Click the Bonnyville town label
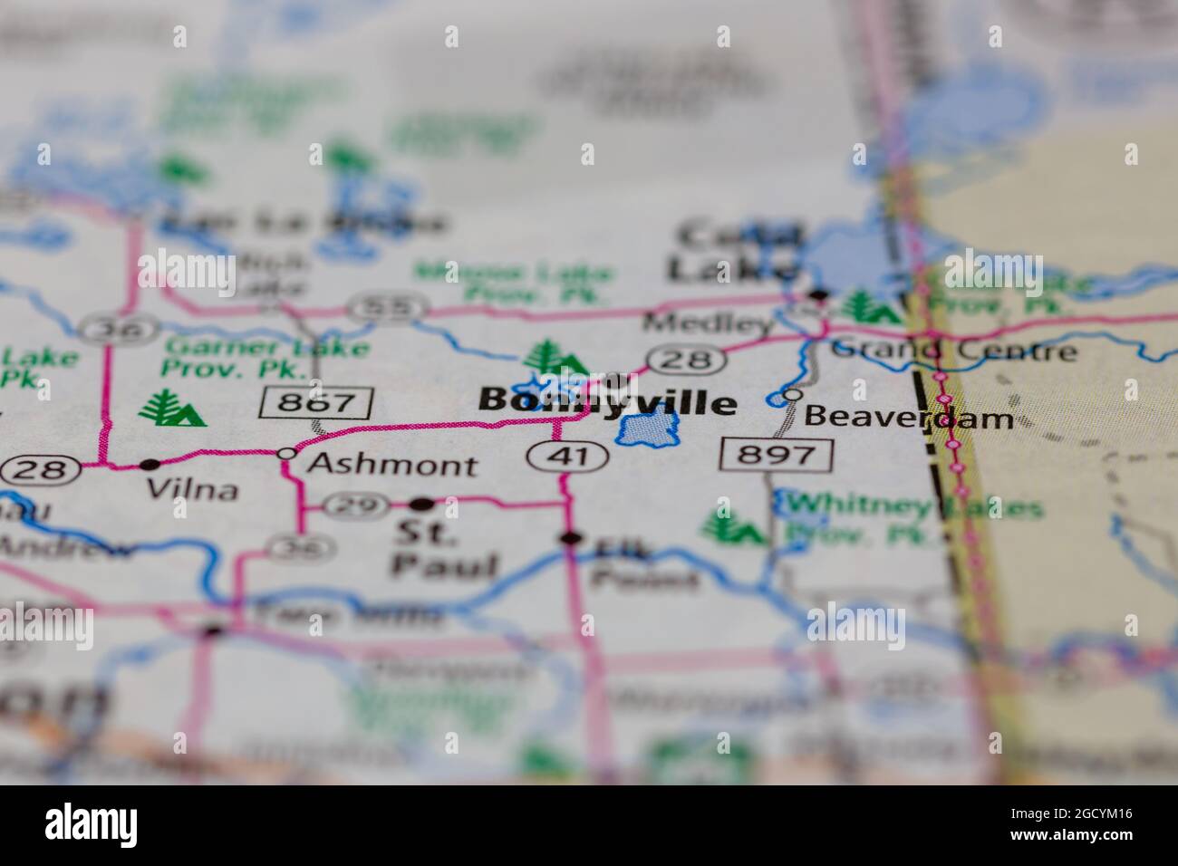tap(607, 401)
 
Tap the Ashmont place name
tap(391, 465)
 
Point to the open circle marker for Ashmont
tap(287, 453)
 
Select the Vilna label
tap(192, 490)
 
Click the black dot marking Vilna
tap(150, 465)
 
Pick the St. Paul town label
tap(444, 550)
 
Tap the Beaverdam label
tap(908, 418)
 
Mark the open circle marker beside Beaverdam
tap(792, 395)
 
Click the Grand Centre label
tap(954, 349)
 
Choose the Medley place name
tap(708, 322)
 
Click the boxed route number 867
tap(316, 402)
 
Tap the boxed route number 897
tap(777, 454)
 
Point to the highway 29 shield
tap(348, 505)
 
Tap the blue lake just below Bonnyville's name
tap(648, 428)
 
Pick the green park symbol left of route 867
tap(171, 409)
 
